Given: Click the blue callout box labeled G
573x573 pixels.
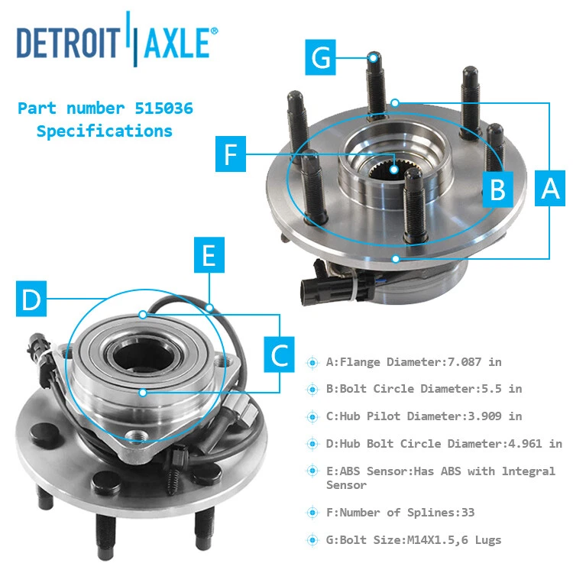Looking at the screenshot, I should (321, 58).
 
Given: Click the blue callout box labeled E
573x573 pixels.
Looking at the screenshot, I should (209, 255).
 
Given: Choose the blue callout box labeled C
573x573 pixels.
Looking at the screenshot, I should (280, 354).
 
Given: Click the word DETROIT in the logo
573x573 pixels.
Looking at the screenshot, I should (67, 43).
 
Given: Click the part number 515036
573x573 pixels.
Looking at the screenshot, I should (162, 108).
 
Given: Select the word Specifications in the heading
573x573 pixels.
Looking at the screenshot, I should (105, 131).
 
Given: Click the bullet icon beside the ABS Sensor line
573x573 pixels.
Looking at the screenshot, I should (312, 471).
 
